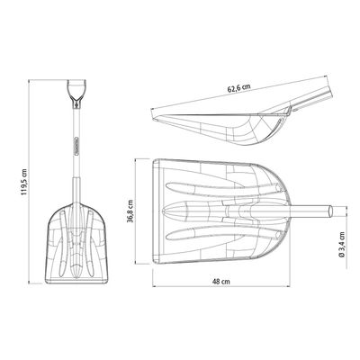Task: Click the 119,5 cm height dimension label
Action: coord(24,182)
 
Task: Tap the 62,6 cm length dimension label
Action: coord(238,88)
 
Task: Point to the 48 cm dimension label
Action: coord(221,282)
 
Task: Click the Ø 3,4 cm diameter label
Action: coord(341,245)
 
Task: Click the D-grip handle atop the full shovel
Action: coord(76,91)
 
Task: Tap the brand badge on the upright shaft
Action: coord(77,146)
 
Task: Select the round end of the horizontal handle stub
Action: coord(330,211)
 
